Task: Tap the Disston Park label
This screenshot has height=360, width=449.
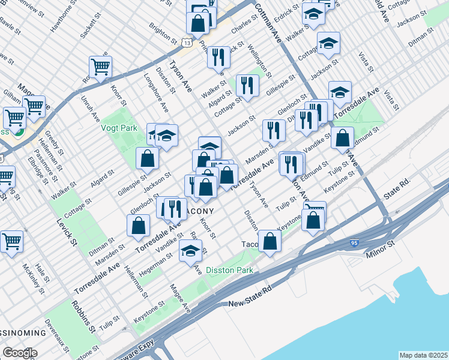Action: click(x=229, y=270)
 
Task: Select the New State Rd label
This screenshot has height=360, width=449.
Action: click(x=250, y=304)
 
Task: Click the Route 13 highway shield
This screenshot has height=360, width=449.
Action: click(x=188, y=43)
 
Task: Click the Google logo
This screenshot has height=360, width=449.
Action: click(x=20, y=353)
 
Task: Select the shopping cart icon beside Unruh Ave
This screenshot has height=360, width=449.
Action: click(x=100, y=67)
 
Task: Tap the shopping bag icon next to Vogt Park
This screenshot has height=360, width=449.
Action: click(x=147, y=159)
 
